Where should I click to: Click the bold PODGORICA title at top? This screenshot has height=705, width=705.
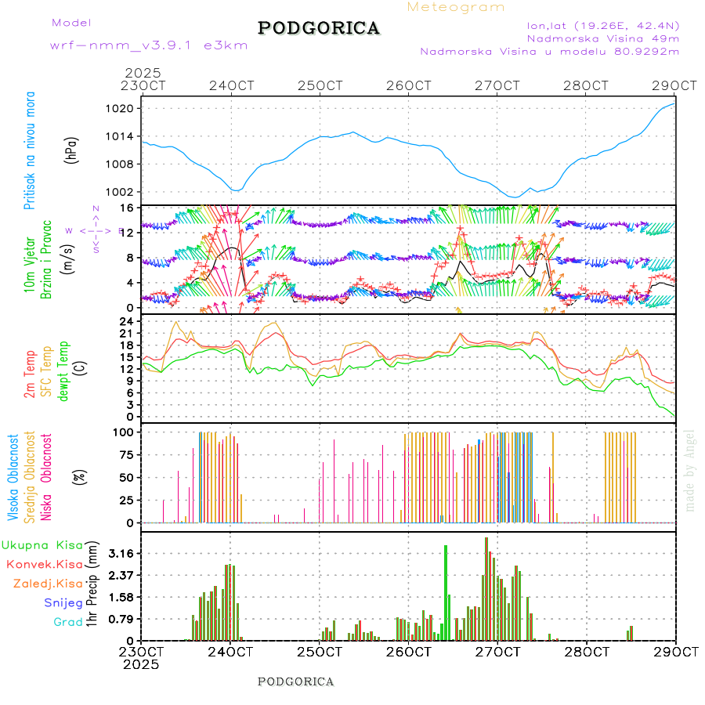pos(319,28)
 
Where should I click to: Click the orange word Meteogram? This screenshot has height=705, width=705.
pos(456,7)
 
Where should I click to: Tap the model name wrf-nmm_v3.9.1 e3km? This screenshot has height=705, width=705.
pos(149,45)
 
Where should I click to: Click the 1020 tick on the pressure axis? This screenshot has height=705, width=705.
pos(124,108)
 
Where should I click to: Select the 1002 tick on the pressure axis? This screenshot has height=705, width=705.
pos(124,192)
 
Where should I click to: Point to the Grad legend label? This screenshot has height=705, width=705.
pos(67,622)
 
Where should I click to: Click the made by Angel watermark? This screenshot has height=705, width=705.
pos(690,470)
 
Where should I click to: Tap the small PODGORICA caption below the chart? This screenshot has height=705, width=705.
pos(295,681)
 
